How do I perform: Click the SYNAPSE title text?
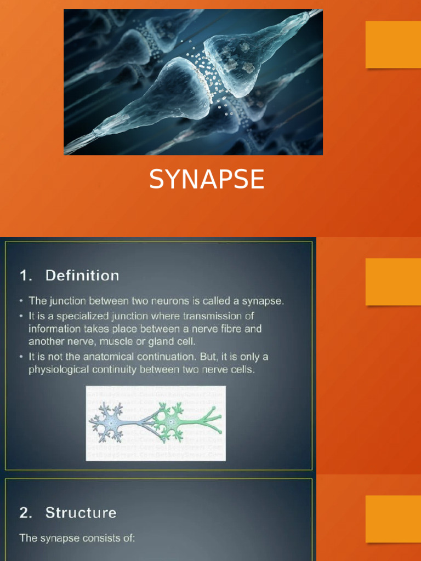[x=207, y=180]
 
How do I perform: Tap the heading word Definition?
[x=82, y=276]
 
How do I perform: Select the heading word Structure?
[x=81, y=513]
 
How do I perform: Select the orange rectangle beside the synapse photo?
[x=393, y=44]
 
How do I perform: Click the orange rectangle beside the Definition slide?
[x=393, y=282]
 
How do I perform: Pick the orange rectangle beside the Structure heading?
[x=393, y=519]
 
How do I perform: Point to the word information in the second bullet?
[x=55, y=329]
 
